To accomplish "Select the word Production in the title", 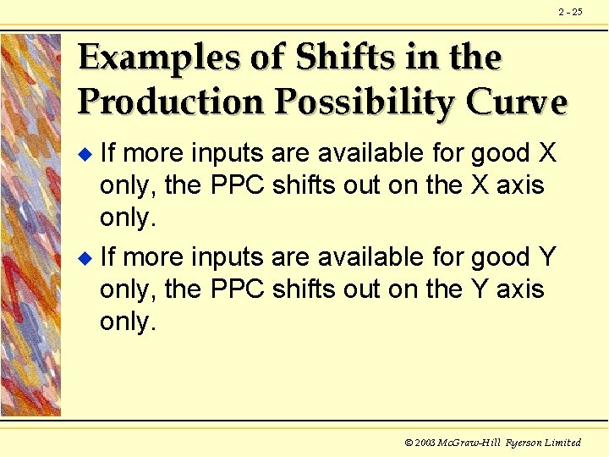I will tap(170, 102).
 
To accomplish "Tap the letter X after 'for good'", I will tap(547, 152).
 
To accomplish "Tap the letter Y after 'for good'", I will tap(547, 257).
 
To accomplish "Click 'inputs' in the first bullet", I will tap(228, 152).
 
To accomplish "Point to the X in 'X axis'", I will tap(480, 184).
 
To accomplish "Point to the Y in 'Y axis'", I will tap(480, 289).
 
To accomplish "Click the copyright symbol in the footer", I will tap(409, 443).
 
